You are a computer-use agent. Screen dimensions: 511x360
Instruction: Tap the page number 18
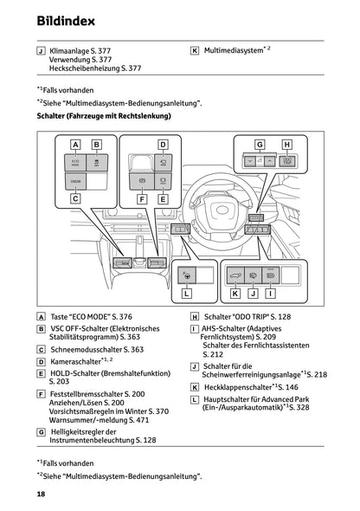click(41, 494)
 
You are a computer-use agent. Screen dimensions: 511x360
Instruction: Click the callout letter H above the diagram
click(288, 144)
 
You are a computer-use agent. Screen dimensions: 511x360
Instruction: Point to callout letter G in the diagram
click(259, 144)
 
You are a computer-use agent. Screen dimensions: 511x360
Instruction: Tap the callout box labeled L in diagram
click(186, 294)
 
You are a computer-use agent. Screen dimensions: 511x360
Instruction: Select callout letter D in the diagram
click(162, 144)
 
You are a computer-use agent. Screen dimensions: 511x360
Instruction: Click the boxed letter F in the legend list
click(42, 393)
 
